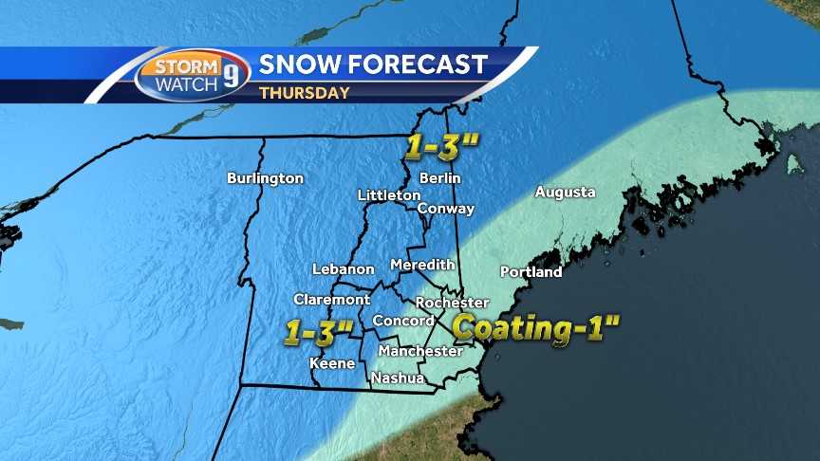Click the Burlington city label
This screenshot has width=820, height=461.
(265, 178)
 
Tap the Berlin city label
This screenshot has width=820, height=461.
(439, 178)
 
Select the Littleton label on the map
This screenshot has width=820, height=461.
(389, 195)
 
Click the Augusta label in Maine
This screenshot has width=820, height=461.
(565, 193)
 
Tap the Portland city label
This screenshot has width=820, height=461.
(531, 272)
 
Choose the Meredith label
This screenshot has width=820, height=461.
(422, 265)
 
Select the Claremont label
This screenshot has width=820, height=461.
(331, 299)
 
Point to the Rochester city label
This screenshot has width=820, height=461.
(452, 303)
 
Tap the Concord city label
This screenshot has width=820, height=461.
(402, 321)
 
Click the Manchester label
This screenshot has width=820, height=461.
(419, 351)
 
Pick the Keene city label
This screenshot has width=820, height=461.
(332, 363)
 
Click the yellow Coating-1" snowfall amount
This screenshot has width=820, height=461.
(535, 328)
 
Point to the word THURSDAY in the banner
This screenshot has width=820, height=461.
(304, 93)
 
